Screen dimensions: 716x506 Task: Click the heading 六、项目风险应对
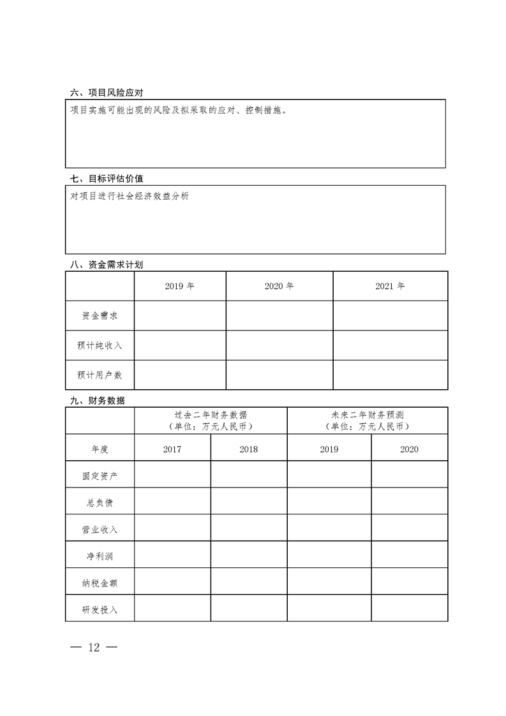[x=107, y=93]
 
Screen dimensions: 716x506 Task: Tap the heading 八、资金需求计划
[x=107, y=265]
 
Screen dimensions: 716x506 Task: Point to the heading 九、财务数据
[x=98, y=401]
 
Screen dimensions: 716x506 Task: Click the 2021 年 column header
[x=390, y=287]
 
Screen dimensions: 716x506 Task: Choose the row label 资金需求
[x=100, y=316]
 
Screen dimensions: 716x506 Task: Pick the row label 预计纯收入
[x=100, y=345]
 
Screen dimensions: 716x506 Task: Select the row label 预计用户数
[x=100, y=375]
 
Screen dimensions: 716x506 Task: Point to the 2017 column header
[x=172, y=449]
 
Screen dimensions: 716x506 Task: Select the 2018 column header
[x=249, y=449]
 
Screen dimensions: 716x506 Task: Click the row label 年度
[x=100, y=449]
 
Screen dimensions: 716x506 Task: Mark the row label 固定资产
[x=100, y=476]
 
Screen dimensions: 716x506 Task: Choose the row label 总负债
[x=100, y=503]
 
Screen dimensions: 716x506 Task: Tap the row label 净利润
[x=100, y=556]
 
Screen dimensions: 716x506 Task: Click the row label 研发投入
[x=100, y=609]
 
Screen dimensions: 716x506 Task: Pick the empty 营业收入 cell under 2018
[x=249, y=530]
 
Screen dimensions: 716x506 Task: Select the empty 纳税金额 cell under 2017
[x=172, y=583]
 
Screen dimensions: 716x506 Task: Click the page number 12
[x=94, y=647]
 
